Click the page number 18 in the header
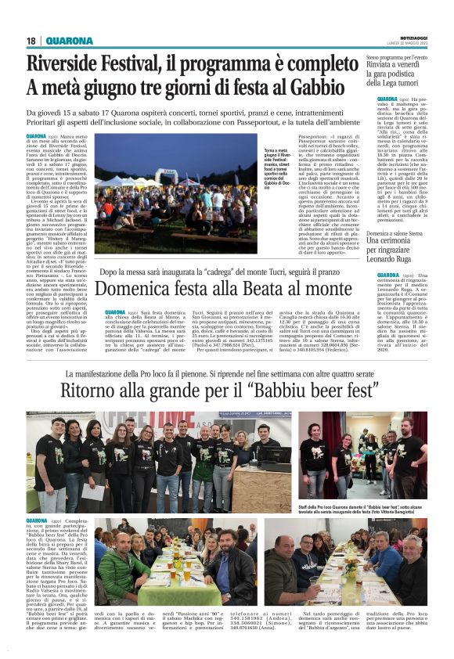31,41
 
